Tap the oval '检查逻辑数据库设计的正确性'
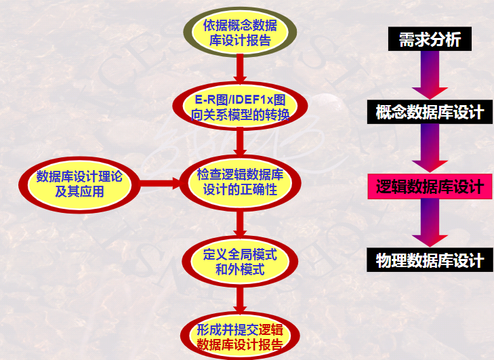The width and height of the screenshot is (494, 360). [x=240, y=182]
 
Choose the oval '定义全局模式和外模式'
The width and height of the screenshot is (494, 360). [x=240, y=262]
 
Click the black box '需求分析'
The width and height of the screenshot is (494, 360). [x=430, y=40]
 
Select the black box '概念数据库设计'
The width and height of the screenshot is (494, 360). [x=430, y=112]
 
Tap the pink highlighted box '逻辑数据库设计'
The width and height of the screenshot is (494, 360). [x=430, y=186]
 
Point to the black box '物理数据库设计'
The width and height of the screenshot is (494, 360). [x=430, y=260]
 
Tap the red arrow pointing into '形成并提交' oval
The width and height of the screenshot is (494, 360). [x=240, y=300]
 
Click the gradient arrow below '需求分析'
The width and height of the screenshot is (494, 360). [x=430, y=75]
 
